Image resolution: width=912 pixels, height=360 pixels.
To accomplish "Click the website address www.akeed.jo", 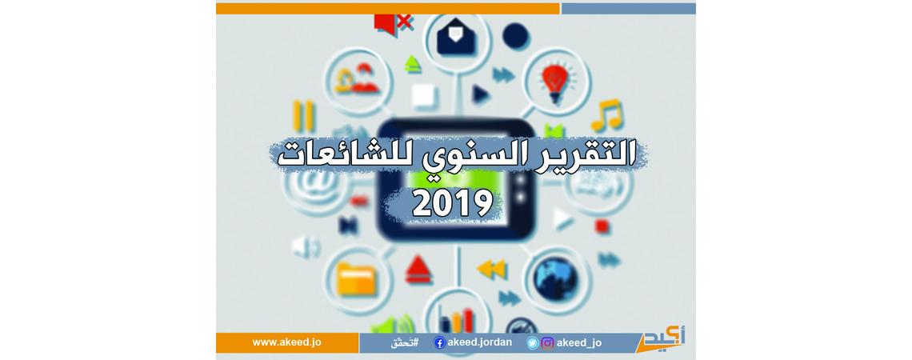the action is click(x=286, y=342).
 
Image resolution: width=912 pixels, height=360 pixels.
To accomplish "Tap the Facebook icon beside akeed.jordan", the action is click(x=440, y=343).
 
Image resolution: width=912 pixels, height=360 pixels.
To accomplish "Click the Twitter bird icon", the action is click(x=533, y=343).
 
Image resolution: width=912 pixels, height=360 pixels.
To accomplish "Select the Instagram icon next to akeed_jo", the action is click(x=547, y=343).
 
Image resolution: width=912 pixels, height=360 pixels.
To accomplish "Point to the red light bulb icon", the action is click(x=554, y=83).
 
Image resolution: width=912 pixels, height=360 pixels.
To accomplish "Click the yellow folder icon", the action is click(x=357, y=278).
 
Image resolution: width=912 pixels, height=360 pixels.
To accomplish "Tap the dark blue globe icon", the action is click(x=557, y=279).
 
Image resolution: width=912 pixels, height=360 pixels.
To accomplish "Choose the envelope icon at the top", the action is click(x=456, y=38).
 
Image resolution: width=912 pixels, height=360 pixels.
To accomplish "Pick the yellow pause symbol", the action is click(x=304, y=116).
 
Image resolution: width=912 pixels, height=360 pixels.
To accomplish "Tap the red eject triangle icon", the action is click(x=418, y=270).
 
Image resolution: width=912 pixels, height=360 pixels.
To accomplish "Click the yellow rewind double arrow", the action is click(x=492, y=270).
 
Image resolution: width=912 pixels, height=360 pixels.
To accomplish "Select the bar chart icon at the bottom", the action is click(x=457, y=319).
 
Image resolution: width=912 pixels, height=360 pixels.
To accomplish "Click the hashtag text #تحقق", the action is click(x=406, y=343).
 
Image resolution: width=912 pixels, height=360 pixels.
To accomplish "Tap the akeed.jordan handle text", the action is click(x=480, y=342).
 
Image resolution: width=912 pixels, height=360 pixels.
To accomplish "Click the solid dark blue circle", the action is click(x=515, y=36).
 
